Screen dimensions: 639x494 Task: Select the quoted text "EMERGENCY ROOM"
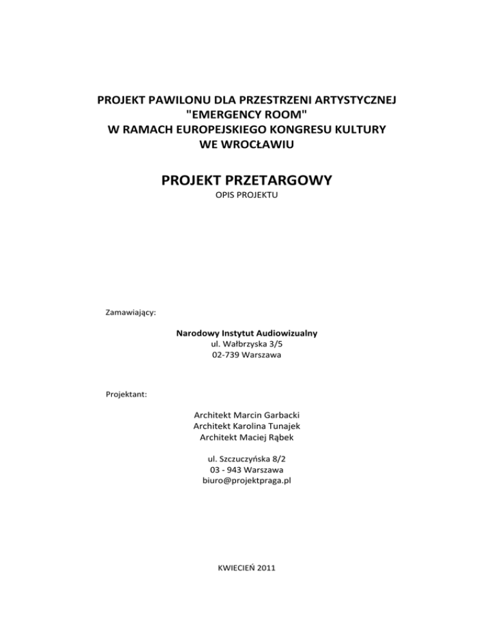click(x=246, y=115)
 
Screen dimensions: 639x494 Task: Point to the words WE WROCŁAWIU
click(x=247, y=143)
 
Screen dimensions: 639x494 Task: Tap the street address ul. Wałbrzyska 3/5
click(x=247, y=345)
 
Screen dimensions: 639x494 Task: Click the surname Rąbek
click(x=282, y=438)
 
